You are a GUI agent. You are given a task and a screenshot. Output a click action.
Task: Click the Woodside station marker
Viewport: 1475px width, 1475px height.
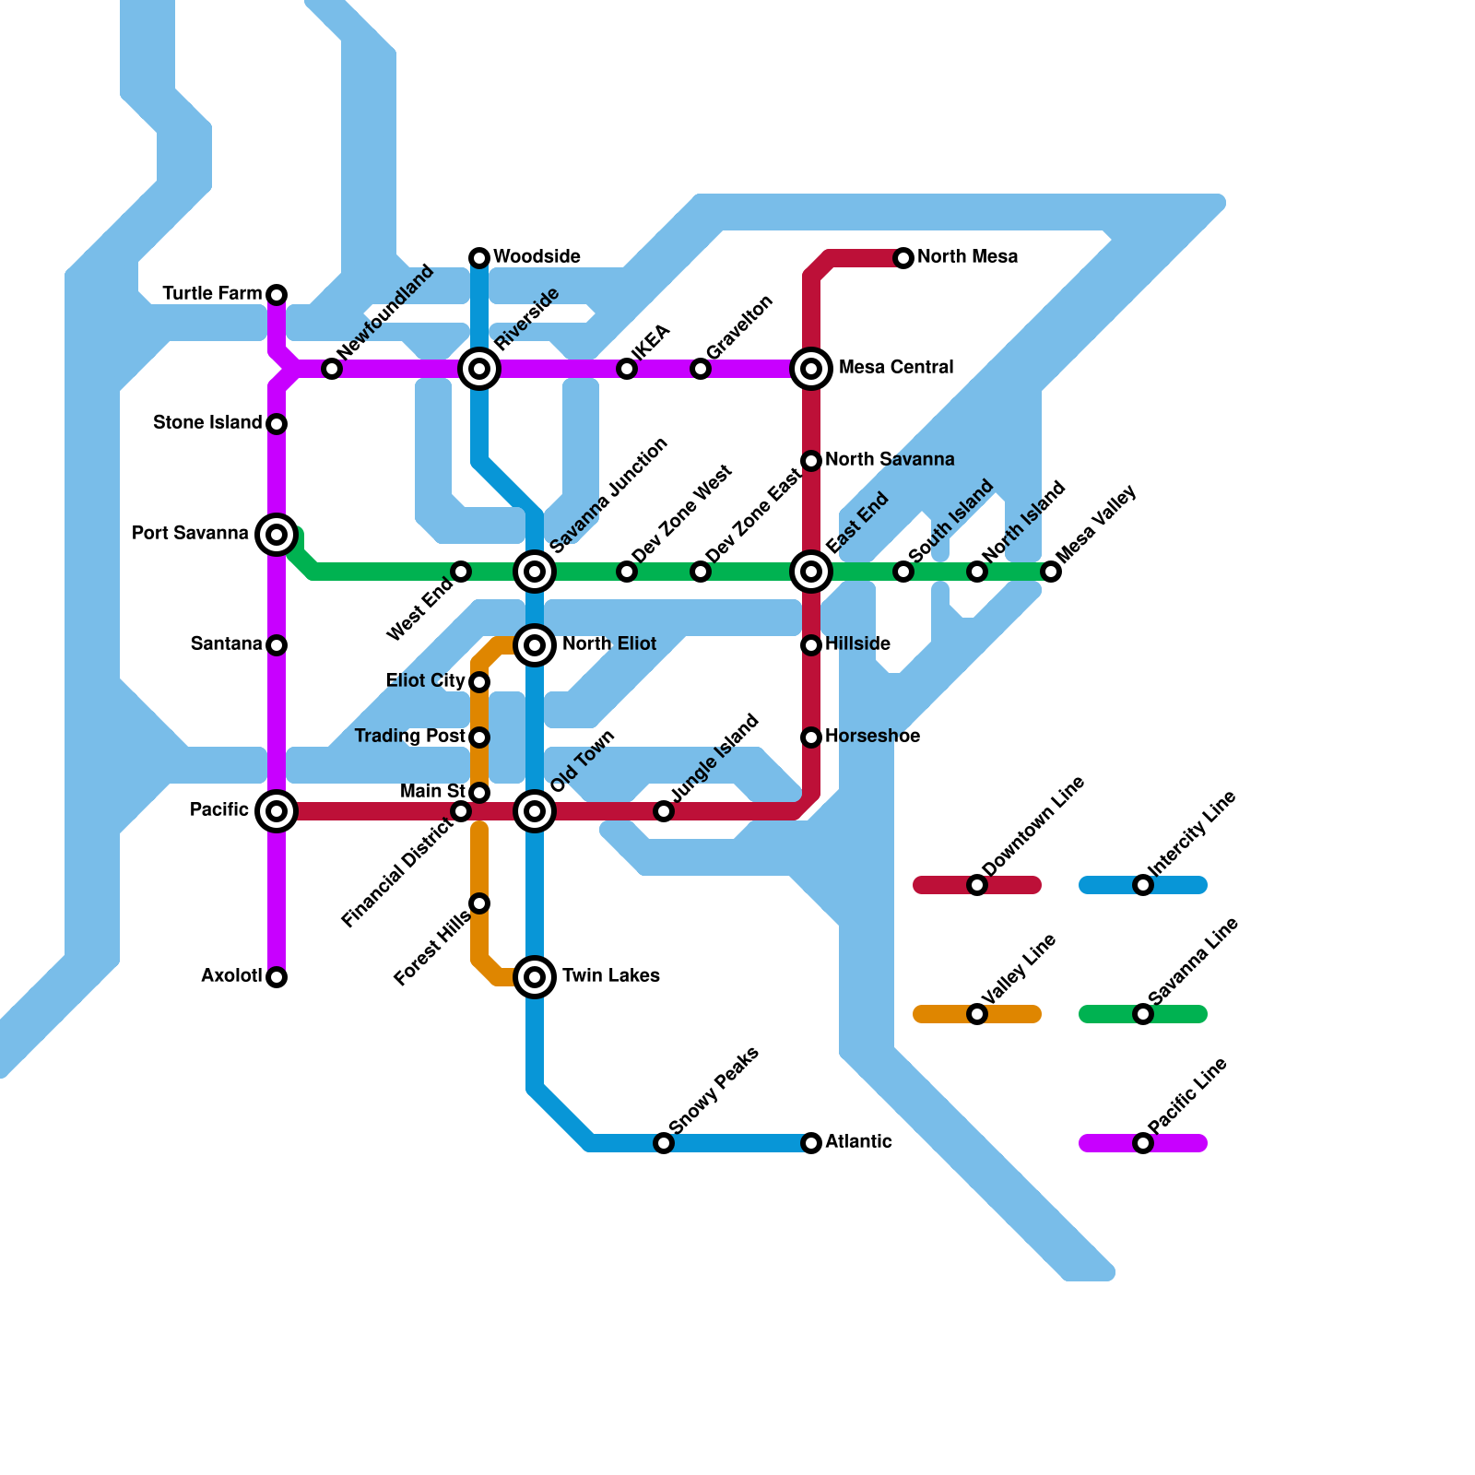479,257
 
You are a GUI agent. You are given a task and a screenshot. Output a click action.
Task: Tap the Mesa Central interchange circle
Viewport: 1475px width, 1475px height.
811,369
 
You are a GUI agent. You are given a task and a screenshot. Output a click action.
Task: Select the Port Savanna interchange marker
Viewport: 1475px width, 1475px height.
277,534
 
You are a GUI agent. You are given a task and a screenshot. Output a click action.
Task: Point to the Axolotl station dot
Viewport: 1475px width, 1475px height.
277,977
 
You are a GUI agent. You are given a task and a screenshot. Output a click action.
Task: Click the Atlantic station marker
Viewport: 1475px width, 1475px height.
811,1143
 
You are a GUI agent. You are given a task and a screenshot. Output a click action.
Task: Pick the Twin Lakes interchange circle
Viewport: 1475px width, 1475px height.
535,976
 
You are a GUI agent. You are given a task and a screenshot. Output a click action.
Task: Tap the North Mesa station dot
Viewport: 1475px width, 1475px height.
903,257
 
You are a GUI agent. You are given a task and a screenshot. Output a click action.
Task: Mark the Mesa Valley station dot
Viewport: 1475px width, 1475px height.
1051,572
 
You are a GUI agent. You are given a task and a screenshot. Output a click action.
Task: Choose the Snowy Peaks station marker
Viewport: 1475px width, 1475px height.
664,1143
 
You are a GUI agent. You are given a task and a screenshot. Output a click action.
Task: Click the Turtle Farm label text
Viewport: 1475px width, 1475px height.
212,294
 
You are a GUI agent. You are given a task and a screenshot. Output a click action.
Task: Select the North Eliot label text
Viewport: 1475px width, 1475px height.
609,643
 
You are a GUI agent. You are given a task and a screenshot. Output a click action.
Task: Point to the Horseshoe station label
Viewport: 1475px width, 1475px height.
872,737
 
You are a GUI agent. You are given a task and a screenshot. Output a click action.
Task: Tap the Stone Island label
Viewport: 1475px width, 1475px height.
207,423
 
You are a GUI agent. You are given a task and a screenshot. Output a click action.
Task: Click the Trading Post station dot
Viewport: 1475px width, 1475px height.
479,737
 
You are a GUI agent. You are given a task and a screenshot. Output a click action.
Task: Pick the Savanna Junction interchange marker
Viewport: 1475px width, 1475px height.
535,572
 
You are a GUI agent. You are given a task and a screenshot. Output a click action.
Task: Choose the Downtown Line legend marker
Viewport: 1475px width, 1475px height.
977,885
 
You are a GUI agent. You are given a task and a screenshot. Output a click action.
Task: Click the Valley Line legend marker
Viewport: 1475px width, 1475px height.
977,1014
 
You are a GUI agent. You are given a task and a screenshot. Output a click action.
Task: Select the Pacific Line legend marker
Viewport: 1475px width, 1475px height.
1143,1143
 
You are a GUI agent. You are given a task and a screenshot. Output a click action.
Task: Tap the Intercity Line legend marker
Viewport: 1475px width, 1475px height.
1143,885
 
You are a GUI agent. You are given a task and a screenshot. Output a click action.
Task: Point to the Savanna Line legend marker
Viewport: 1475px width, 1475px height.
1143,1014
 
